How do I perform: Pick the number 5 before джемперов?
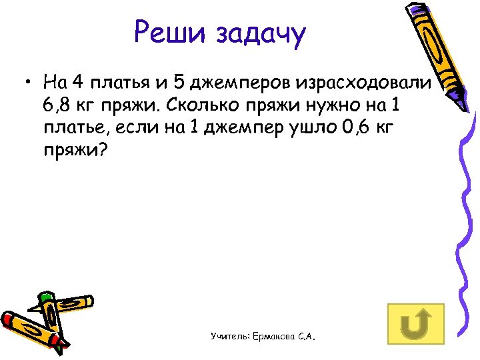(178, 84)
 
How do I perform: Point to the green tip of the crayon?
(45, 296)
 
